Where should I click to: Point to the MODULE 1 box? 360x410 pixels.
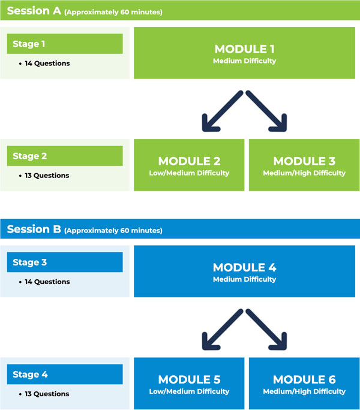pos(244,53)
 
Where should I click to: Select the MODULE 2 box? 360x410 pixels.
pos(189,165)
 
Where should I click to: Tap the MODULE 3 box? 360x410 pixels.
pos(304,165)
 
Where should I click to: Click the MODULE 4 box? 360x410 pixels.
pos(244,271)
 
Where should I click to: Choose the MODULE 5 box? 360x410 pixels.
pos(189,383)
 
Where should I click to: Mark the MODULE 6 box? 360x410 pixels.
pos(304,383)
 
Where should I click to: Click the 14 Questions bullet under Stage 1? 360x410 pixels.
pos(47,64)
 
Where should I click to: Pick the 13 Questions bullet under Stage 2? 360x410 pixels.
pos(47,176)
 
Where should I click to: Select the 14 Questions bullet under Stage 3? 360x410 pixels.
pos(47,282)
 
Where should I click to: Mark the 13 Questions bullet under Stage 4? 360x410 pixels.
pos(47,394)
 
